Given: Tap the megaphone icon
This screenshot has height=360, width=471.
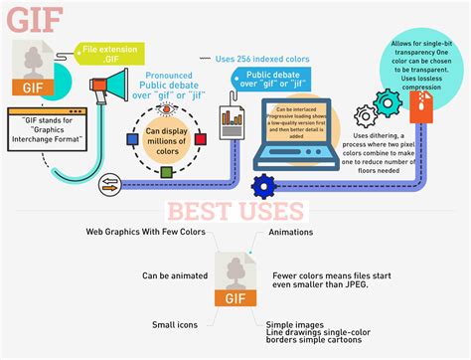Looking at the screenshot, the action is [x=111, y=88].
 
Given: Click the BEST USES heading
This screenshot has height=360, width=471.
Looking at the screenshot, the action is [x=235, y=211].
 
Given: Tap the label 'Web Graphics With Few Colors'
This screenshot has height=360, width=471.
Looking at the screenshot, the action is [x=146, y=233].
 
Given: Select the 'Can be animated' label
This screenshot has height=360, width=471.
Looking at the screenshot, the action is [x=173, y=275].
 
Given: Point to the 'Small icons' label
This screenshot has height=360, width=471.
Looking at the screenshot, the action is [x=178, y=325].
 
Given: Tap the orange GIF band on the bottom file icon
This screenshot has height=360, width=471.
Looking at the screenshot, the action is [x=235, y=296].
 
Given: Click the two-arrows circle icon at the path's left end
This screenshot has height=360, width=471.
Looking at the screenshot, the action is [x=108, y=184].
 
